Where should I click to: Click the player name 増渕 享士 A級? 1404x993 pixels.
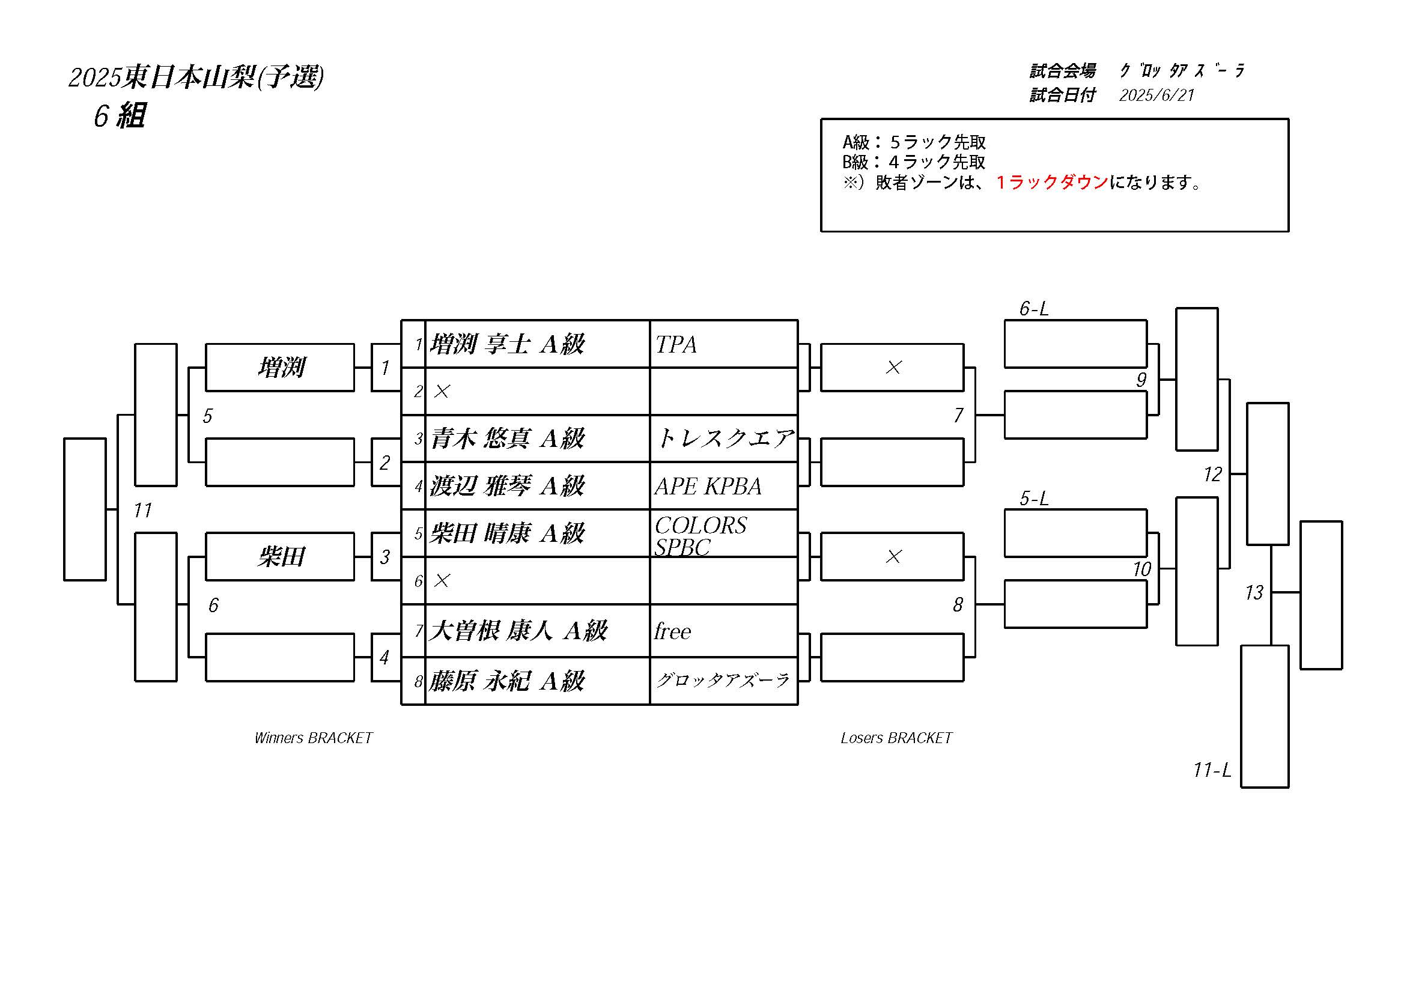(x=507, y=344)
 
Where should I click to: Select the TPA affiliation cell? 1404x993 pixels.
(x=724, y=344)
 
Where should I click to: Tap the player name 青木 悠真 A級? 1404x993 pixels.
(x=507, y=439)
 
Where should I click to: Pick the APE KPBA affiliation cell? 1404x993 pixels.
(x=724, y=486)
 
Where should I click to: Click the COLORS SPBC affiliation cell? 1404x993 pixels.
(x=724, y=533)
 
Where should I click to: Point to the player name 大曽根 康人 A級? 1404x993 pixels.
(x=518, y=630)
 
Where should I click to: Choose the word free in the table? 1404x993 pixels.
(x=673, y=631)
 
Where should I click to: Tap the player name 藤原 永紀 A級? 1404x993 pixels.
(x=507, y=681)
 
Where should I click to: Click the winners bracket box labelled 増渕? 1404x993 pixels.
(x=280, y=368)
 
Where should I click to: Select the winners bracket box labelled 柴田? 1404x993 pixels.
(x=280, y=556)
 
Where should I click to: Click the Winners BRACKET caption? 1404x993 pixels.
(x=314, y=738)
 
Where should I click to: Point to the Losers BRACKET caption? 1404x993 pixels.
(x=896, y=738)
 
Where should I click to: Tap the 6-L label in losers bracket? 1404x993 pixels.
(x=1034, y=309)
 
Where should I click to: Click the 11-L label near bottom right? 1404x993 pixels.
(x=1212, y=770)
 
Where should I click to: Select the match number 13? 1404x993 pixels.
(x=1254, y=592)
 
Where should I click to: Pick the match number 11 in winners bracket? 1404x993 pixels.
(x=142, y=510)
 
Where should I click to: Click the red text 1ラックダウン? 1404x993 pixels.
(x=1052, y=182)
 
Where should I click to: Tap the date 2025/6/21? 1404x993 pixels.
(x=1156, y=95)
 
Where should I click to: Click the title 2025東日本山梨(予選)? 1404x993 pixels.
(x=196, y=77)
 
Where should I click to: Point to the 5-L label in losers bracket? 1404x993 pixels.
(x=1034, y=499)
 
